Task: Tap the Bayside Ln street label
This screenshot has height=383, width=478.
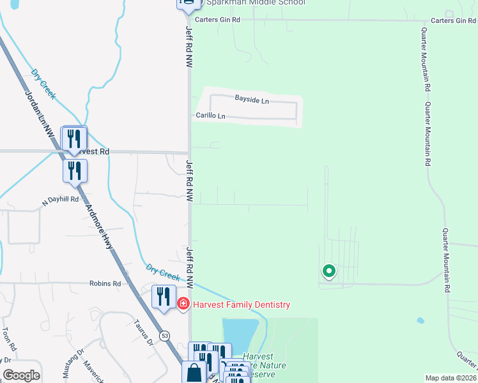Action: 252,101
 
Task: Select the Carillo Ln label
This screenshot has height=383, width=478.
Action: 210,116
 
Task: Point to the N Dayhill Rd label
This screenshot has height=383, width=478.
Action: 60,200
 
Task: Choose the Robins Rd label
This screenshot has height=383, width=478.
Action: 105,283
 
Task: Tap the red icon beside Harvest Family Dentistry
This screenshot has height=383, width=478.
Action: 183,304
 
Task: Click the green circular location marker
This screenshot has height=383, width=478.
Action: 329,271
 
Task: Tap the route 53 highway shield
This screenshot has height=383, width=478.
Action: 165,335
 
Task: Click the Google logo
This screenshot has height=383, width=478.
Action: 21,375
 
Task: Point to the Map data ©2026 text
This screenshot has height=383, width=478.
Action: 451,378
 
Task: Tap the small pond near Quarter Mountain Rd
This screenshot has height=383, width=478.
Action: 420,320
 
